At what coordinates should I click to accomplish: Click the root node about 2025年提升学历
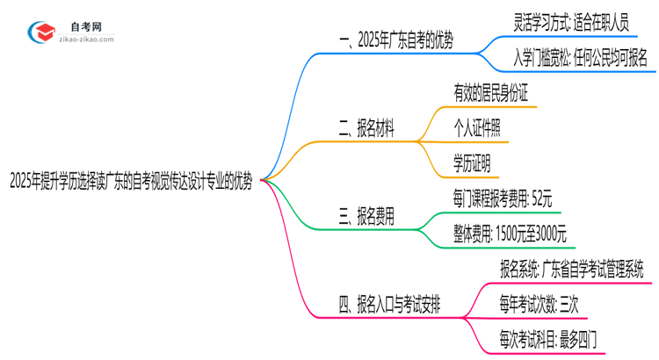click(x=131, y=182)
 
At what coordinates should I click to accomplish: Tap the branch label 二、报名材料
click(x=366, y=130)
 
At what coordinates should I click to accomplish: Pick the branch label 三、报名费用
click(x=366, y=215)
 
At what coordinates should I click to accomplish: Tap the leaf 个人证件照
click(x=477, y=129)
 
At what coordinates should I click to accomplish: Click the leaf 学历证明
click(x=472, y=163)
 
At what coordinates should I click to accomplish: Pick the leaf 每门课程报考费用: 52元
click(x=502, y=198)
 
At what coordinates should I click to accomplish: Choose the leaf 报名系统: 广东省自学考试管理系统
click(x=571, y=268)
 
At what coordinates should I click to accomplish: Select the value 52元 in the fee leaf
click(x=543, y=198)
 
